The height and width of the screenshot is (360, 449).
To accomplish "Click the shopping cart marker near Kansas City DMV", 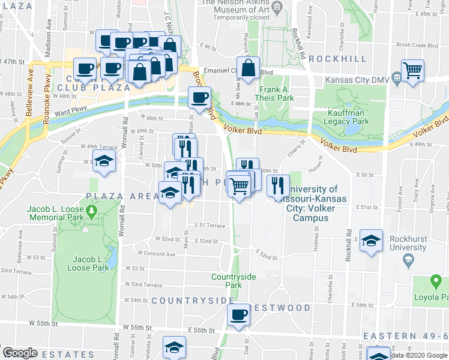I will (x=412, y=70).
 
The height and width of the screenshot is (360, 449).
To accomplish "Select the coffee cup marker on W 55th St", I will (x=238, y=314).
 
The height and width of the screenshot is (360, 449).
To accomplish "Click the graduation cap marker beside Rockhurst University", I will (x=371, y=240).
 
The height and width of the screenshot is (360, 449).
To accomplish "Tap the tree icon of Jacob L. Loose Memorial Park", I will (x=91, y=211).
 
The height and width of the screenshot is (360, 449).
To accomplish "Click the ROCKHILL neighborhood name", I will (x=337, y=58).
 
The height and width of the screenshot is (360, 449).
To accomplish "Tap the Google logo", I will (x=19, y=353).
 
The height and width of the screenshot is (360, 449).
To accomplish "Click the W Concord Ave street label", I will (x=157, y=254).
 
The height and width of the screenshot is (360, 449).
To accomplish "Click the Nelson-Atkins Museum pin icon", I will (x=277, y=7).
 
